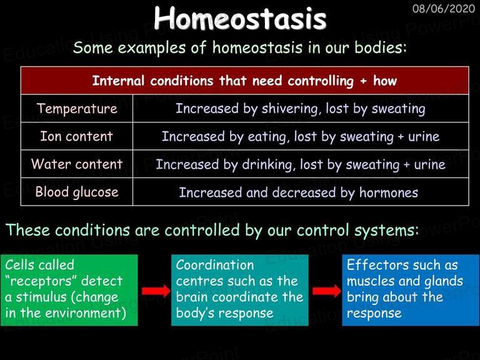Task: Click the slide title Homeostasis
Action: (x=240, y=18)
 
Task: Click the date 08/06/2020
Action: (x=444, y=9)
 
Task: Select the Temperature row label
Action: (x=77, y=109)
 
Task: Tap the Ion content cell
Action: (x=76, y=136)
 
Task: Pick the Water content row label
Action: (x=77, y=164)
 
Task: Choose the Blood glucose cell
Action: (x=77, y=192)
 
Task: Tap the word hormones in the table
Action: (x=389, y=192)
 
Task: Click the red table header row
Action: (x=245, y=81)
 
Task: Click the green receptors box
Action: (x=69, y=290)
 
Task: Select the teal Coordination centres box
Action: (x=240, y=290)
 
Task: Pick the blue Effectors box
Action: (x=411, y=290)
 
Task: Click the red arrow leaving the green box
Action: (x=156, y=291)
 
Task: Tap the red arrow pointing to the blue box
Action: (x=327, y=291)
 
